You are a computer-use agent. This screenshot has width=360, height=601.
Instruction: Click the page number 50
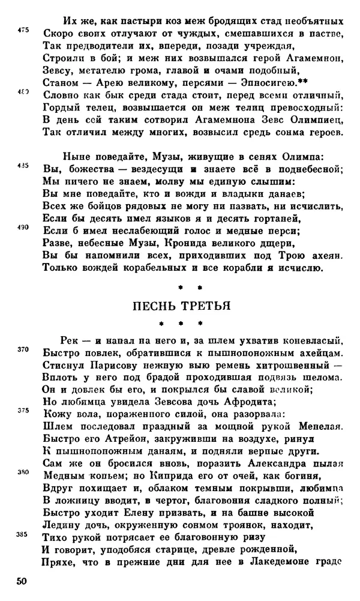tap(22, 582)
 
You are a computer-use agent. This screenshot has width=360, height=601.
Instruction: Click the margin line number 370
tap(23, 349)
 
